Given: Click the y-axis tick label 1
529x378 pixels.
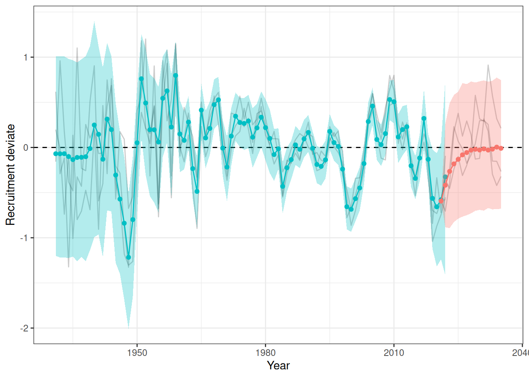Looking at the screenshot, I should [26, 57].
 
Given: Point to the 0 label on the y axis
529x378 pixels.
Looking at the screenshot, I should [26, 148].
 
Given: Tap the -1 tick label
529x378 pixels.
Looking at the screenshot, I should [24, 238].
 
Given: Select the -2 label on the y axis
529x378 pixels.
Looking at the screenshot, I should [24, 328].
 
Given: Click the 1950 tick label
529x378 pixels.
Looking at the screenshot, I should [137, 352].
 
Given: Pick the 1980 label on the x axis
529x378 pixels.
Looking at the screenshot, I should [265, 352].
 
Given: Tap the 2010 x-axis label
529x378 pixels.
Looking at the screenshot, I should [394, 352].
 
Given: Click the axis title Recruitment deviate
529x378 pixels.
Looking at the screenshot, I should [10, 175].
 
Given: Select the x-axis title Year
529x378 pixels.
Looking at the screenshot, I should [278, 365].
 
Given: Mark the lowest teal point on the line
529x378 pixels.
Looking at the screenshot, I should [128, 257].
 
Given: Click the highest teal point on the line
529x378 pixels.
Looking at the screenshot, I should [176, 75].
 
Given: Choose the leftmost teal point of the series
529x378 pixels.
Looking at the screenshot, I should [56, 154].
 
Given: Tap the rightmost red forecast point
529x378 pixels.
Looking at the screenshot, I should [501, 148].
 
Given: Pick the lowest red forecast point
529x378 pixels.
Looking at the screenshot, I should [441, 201].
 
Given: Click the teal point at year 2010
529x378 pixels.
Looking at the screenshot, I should [394, 102].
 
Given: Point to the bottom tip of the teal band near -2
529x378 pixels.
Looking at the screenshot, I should [128, 328].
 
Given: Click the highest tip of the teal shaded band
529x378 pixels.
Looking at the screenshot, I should [94, 22].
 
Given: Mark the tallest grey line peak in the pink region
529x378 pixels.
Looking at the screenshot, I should [488, 65].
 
